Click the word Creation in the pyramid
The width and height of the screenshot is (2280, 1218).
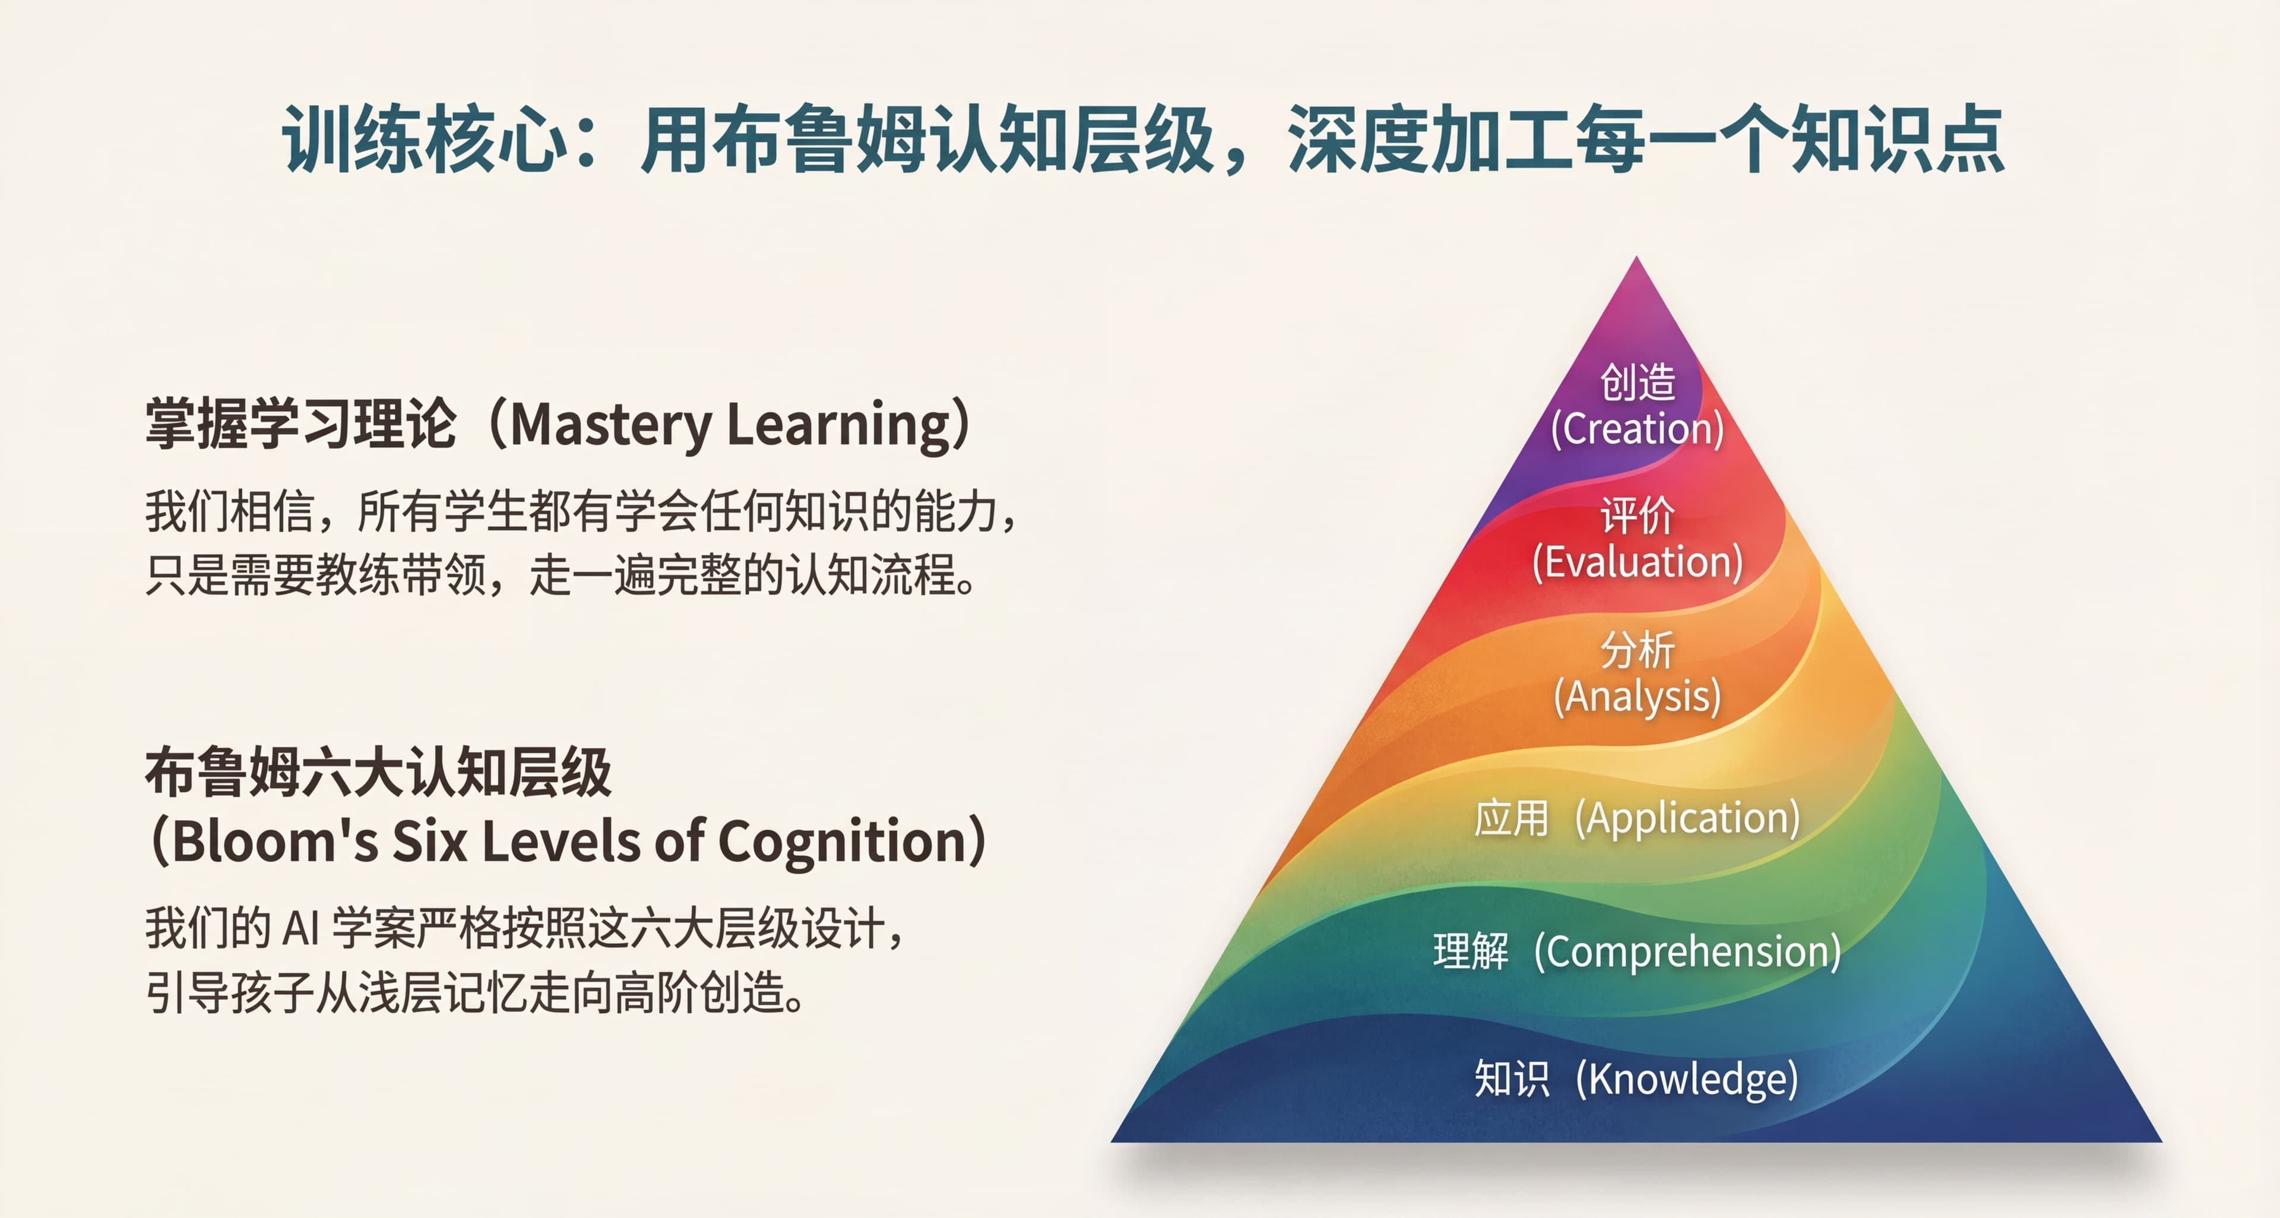click(x=1638, y=430)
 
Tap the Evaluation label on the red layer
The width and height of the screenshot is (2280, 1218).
click(x=1638, y=563)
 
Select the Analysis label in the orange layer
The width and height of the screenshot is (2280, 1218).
click(x=1638, y=697)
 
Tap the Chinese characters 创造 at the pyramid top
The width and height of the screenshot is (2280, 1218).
click(x=1638, y=382)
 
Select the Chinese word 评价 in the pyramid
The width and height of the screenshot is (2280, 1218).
click(x=1638, y=515)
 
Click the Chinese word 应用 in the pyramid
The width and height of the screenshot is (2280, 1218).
click(x=1511, y=818)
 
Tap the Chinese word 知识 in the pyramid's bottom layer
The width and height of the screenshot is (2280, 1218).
click(x=1511, y=1079)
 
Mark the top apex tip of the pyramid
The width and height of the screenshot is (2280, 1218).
click(x=1636, y=258)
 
